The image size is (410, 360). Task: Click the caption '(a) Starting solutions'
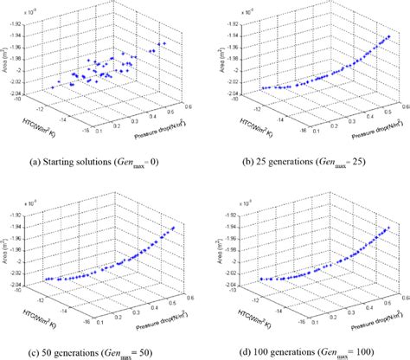[x=102, y=160]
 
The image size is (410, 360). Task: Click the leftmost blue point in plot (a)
[x=48, y=85]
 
